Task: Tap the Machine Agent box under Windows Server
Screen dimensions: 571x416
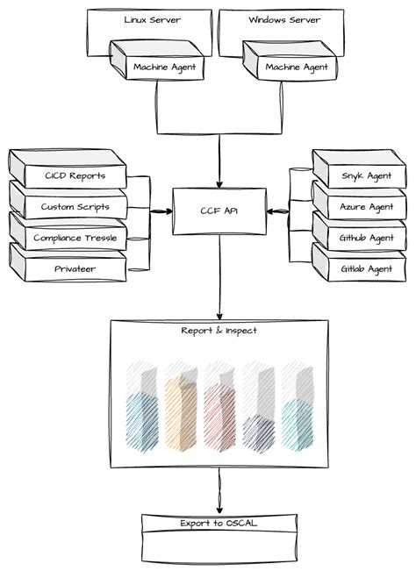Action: (297, 66)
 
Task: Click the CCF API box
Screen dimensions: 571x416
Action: (219, 211)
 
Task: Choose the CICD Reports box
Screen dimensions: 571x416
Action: (75, 175)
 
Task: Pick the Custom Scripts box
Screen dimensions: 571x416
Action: (75, 207)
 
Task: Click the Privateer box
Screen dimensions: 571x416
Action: (75, 268)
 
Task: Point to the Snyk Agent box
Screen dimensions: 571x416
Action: (365, 175)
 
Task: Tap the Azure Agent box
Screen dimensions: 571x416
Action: (365, 207)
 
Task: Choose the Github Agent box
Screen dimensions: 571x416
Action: (365, 238)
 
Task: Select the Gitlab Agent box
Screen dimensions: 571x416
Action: (365, 268)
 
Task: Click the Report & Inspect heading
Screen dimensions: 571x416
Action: (219, 330)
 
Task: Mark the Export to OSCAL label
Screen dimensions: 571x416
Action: (219, 523)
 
